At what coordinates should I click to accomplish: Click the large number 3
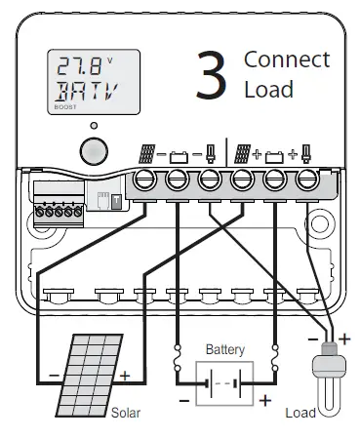pos(212,77)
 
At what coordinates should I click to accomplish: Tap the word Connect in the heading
pos(287,59)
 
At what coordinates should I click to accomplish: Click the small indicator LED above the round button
pos(93,126)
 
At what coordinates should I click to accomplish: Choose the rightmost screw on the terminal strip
pos(306,179)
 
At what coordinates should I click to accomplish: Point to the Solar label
pos(126,413)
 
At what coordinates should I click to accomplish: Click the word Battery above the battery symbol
pos(225,349)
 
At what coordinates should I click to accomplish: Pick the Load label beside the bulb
pos(300,413)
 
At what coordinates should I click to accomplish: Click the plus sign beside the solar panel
pos(124,376)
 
